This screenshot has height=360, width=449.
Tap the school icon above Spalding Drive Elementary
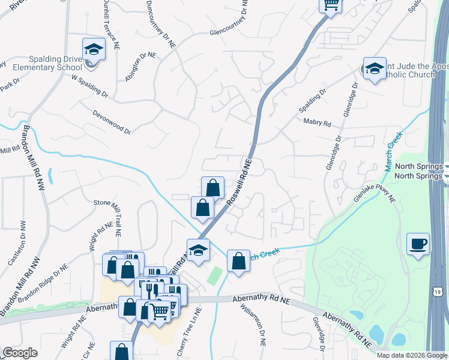[x=94, y=49]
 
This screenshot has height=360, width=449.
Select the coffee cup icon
[x=418, y=244]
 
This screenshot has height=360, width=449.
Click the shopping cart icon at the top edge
[x=330, y=5]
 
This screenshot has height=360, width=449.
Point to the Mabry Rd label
[x=318, y=124]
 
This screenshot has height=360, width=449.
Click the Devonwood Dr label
[x=112, y=122]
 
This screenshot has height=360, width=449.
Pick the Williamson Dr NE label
[x=253, y=323]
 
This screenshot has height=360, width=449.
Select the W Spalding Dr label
[x=90, y=86]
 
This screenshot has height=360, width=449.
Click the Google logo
[x=20, y=353]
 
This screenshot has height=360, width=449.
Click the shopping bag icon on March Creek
[x=238, y=261]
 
